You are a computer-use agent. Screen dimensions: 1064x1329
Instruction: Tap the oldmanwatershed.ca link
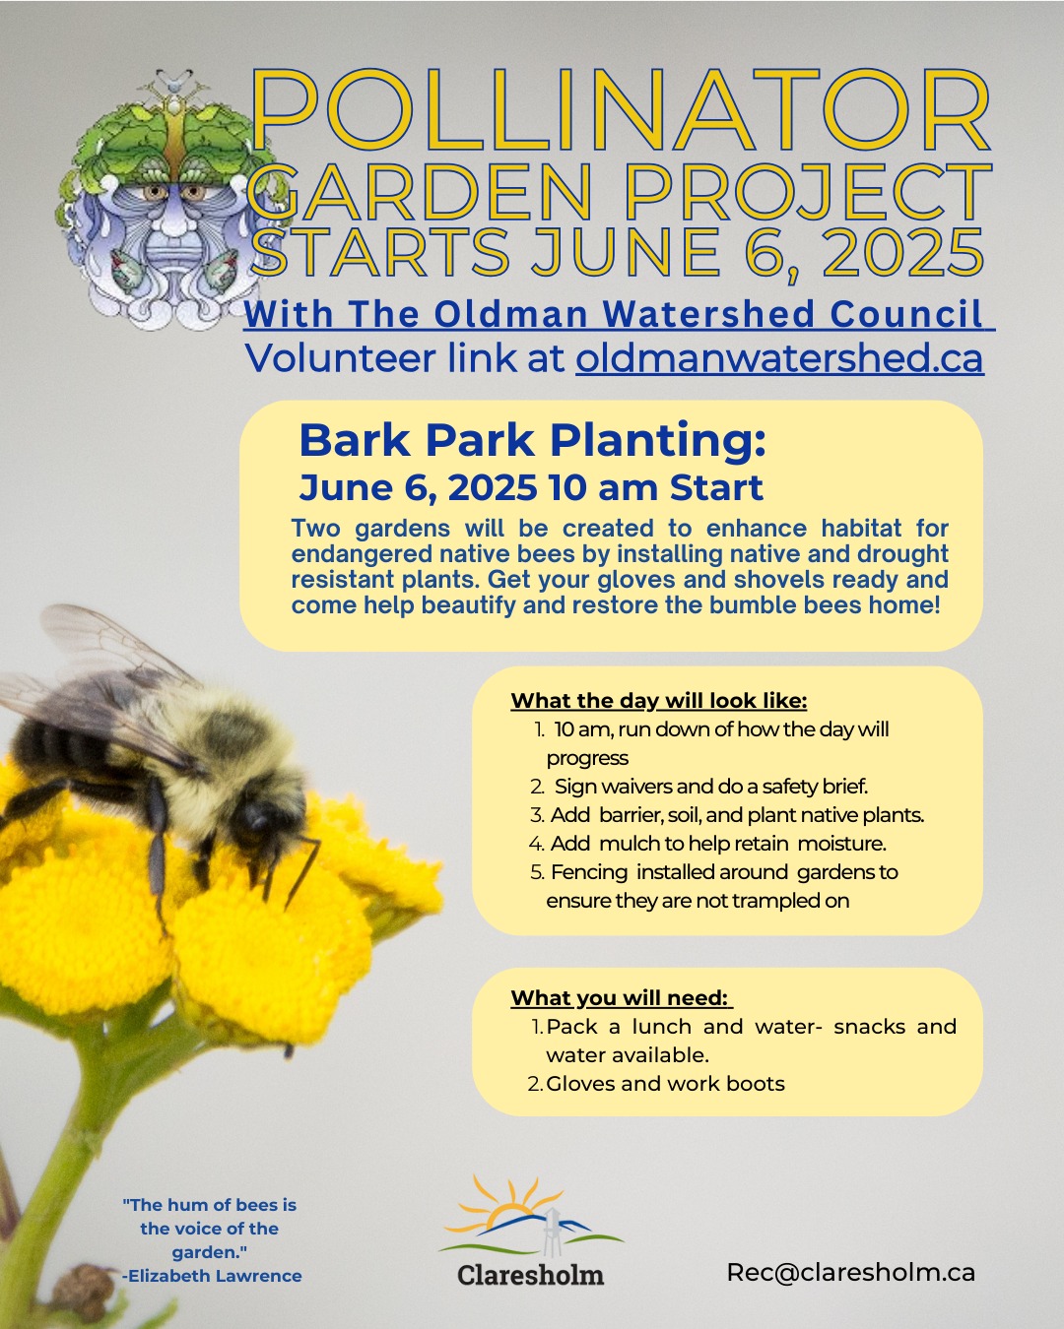click(779, 357)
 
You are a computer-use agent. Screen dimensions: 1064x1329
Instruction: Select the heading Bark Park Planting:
click(532, 441)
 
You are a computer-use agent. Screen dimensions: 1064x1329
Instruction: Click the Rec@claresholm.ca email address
click(850, 1272)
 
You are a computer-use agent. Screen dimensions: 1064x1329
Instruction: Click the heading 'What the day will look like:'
click(658, 701)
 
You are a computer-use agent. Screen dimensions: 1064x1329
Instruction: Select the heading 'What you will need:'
click(621, 998)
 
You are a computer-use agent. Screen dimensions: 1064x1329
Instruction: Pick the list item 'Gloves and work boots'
click(665, 1084)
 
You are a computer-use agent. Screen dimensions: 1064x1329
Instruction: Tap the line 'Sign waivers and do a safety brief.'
click(711, 787)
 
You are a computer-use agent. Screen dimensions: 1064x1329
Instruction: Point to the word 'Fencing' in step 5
click(589, 872)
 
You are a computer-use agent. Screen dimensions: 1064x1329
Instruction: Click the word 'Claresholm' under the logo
click(530, 1275)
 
